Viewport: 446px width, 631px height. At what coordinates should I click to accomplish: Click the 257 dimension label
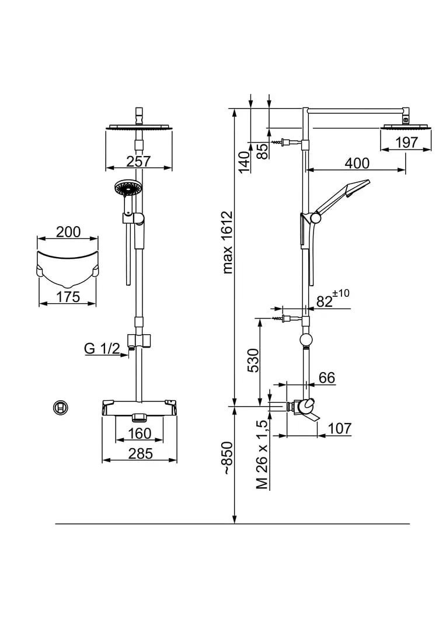[x=138, y=161]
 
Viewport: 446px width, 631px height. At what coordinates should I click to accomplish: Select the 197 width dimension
[x=406, y=142]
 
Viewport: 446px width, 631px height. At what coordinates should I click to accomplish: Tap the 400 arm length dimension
[x=357, y=163]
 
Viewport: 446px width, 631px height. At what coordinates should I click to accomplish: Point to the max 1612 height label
[x=228, y=242]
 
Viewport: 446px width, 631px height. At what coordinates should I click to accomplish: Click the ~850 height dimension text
[x=228, y=462]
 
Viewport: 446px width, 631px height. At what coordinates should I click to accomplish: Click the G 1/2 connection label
[x=102, y=349]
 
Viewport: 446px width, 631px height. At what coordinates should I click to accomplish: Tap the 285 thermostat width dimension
[x=140, y=453]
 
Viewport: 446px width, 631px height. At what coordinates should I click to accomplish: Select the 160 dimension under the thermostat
[x=139, y=434]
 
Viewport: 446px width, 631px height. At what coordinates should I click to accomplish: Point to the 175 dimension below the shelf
[x=68, y=296]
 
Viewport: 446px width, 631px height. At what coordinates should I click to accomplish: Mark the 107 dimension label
[x=339, y=428]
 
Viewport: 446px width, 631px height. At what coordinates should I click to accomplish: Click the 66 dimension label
[x=327, y=378]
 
